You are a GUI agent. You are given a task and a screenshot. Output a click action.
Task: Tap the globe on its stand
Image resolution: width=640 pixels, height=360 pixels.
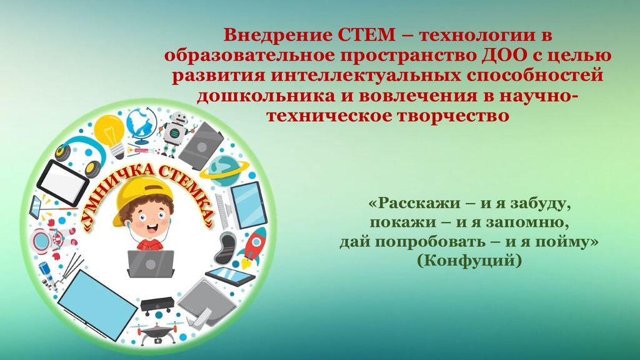coord(141,125)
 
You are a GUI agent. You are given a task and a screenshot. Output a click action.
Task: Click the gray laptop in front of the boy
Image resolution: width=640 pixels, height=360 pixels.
coord(151,264)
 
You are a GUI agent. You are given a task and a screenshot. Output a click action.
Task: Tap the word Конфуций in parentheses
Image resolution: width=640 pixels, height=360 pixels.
coord(469,259)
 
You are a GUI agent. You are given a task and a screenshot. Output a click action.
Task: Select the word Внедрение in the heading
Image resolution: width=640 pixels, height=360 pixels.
coord(278,35)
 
